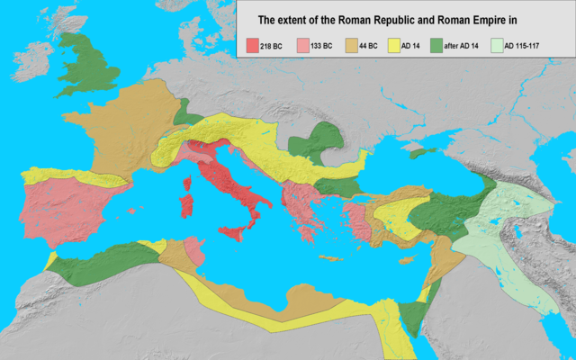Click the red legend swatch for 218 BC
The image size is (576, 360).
252,43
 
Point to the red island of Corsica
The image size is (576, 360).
190,183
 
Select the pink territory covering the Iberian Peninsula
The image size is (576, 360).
67,207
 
